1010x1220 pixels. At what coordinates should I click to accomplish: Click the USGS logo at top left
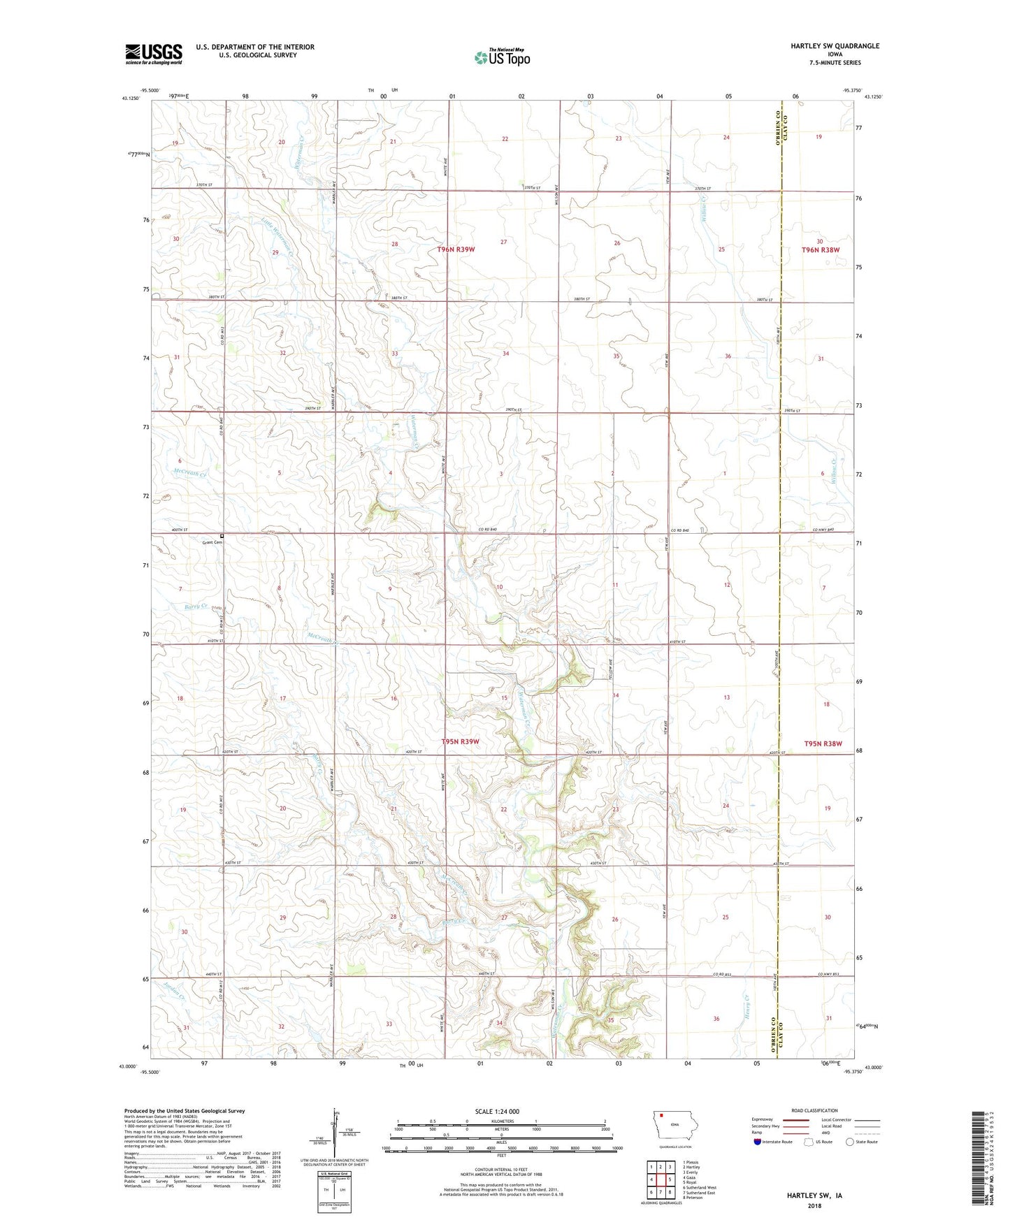(154, 53)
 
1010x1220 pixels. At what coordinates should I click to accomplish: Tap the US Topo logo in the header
(501, 57)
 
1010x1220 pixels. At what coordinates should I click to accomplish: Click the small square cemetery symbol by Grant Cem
(222, 537)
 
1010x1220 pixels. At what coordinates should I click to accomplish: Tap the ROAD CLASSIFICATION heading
(814, 1110)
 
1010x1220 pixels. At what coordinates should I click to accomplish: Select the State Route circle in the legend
(850, 1142)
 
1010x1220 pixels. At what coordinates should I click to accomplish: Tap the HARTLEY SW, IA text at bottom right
(814, 1196)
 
